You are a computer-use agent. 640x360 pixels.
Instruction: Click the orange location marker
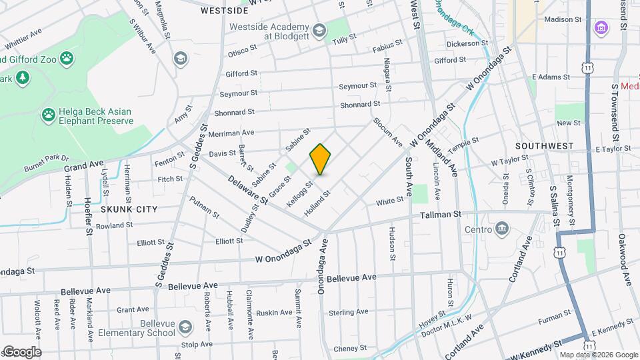tap(321, 159)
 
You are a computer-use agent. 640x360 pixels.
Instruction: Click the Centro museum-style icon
tap(502, 230)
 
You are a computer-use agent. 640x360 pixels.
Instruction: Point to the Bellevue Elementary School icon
tap(185, 327)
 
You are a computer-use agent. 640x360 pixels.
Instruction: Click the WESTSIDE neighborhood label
tap(225, 11)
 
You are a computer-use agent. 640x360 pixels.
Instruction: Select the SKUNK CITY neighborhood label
tap(129, 209)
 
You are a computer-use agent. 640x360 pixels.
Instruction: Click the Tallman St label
tap(440, 215)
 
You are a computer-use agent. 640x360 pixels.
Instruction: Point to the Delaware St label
tap(247, 190)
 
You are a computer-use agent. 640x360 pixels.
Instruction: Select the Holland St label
tap(317, 203)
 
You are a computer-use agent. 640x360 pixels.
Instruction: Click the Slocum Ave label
tap(388, 132)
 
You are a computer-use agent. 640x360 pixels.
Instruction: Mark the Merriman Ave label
tap(231, 133)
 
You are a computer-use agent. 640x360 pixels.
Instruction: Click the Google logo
tap(21, 352)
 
